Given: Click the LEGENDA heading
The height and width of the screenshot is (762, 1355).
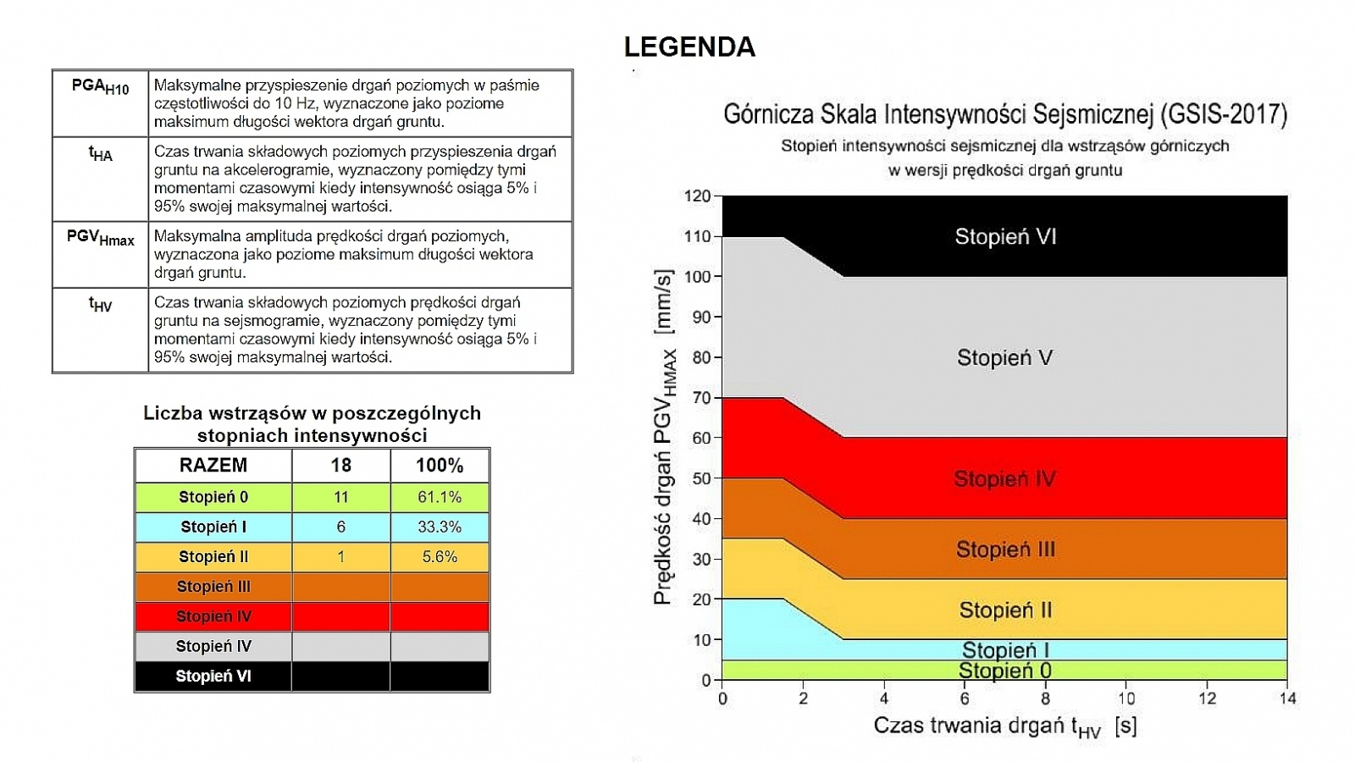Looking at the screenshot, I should (689, 47).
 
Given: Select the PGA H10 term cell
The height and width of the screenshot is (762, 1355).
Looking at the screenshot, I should (100, 87).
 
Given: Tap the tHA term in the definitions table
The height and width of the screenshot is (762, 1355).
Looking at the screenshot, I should (100, 154).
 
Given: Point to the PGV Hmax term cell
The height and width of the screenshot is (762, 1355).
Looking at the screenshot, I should (100, 238).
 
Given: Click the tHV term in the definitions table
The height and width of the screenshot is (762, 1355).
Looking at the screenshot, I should (100, 305).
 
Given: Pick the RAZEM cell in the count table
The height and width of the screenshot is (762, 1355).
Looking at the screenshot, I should (213, 466).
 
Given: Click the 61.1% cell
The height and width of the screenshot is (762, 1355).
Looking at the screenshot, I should (440, 497).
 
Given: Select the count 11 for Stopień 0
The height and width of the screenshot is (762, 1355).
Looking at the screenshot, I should (340, 497).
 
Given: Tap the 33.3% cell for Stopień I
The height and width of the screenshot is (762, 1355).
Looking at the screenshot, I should (440, 527).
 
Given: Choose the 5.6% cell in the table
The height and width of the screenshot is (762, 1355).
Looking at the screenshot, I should (440, 556).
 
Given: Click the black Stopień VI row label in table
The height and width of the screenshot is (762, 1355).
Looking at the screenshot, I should (213, 676).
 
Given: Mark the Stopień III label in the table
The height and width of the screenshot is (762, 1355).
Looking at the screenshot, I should (213, 586).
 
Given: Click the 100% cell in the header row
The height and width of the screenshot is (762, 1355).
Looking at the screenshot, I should (440, 466).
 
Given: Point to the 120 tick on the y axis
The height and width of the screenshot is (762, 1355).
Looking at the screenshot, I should (698, 196).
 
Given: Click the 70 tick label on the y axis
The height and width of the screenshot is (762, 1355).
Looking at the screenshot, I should (701, 398).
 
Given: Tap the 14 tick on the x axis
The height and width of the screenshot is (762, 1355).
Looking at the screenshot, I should (1287, 698).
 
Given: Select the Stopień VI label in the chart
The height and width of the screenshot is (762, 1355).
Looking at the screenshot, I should (1005, 237).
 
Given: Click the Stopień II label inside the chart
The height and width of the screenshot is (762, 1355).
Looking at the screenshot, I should (1005, 610).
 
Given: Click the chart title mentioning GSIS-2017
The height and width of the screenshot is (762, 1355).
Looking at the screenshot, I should (1004, 114).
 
